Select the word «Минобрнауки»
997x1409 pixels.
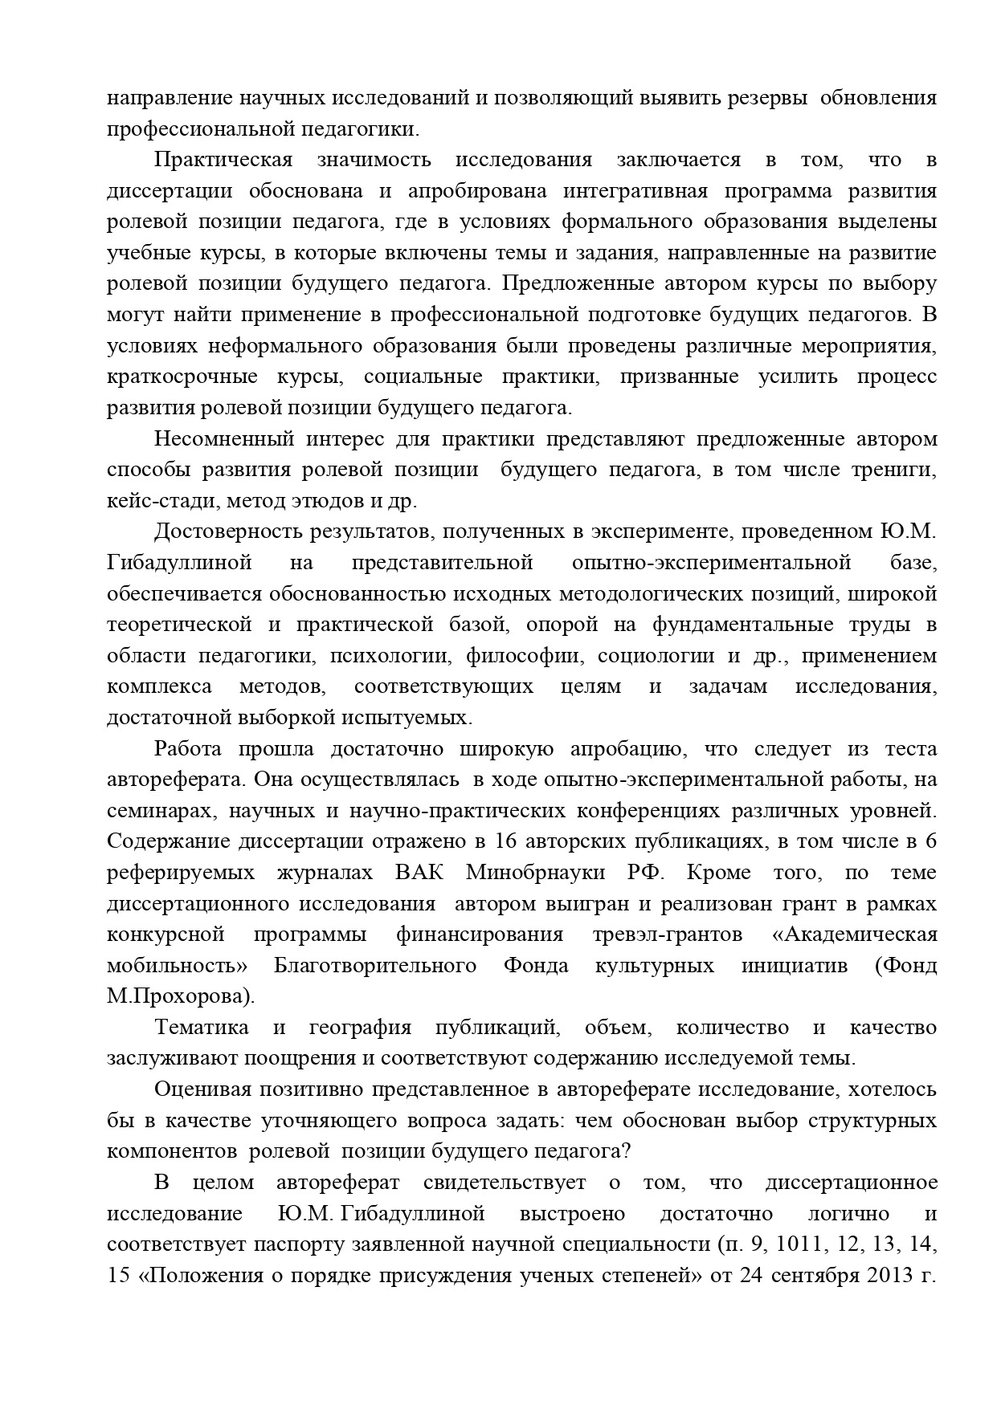click(534, 873)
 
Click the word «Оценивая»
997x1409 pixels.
click(206, 1089)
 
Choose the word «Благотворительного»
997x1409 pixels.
click(374, 965)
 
